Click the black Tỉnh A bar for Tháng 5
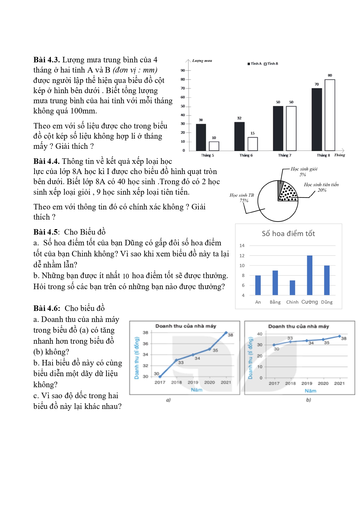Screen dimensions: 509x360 [201, 137]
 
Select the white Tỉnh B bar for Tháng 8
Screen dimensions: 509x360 [330, 115]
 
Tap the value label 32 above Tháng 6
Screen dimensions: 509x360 [239, 118]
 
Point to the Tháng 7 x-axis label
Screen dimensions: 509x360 [285, 155]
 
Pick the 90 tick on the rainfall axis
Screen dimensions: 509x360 [183, 70]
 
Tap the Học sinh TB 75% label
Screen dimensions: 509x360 [242, 198]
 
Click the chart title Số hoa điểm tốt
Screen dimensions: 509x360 [288, 233]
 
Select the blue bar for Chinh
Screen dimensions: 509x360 [292, 287]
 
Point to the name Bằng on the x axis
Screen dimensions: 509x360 [275, 302]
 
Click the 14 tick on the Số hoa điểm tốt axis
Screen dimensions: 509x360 [242, 246]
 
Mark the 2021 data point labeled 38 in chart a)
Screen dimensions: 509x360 [226, 333]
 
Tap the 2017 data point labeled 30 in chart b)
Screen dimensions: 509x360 [274, 345]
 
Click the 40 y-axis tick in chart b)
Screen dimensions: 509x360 [260, 334]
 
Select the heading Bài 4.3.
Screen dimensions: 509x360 [46, 60]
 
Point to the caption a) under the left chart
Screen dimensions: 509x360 [168, 400]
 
